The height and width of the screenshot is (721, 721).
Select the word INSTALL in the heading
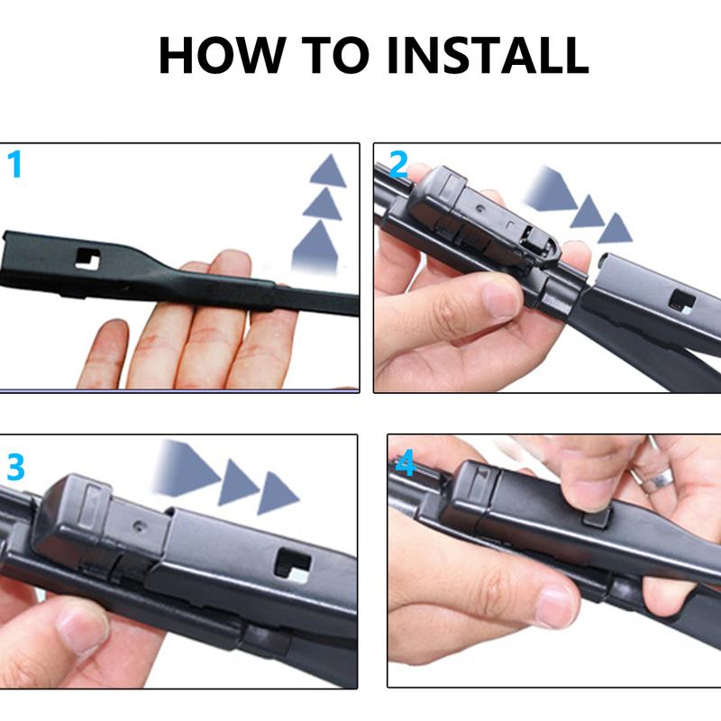coord(488,55)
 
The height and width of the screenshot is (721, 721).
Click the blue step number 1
coord(14,166)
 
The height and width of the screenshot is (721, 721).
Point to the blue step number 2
coord(398,165)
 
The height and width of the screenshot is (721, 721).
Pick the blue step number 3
coord(15,468)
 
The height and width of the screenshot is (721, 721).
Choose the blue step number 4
coord(406,464)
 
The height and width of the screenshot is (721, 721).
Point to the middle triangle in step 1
coord(323,205)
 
